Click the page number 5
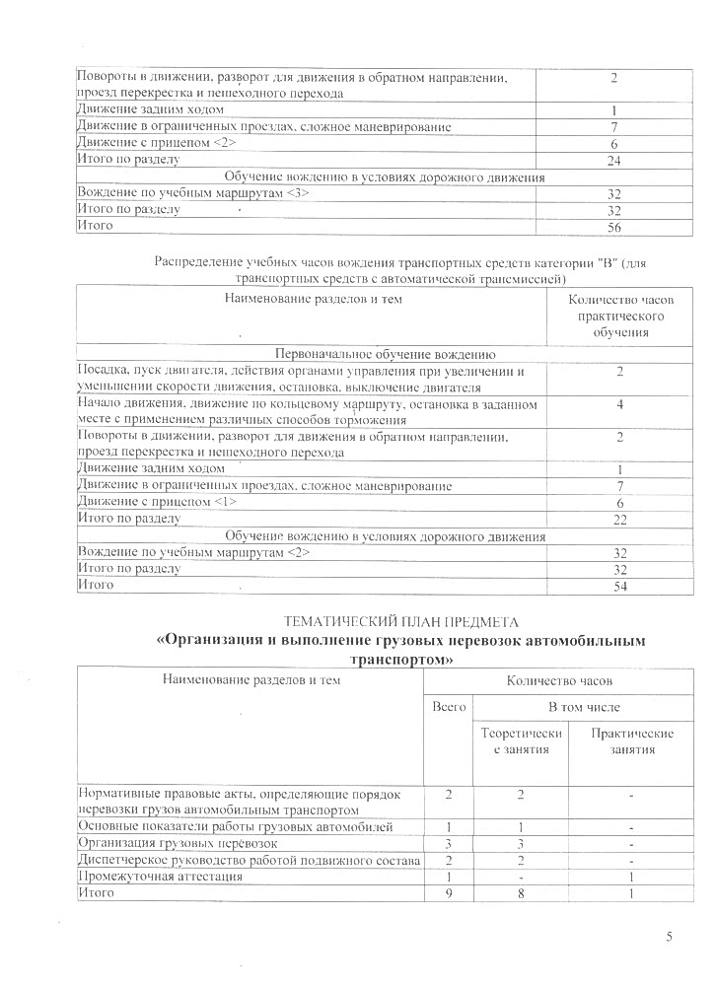[x=670, y=937]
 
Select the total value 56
[x=613, y=227]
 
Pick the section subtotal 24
[x=613, y=160]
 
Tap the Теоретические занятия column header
[x=521, y=741]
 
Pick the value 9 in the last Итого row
[x=449, y=893]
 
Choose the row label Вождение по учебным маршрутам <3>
[x=193, y=192]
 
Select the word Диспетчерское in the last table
[x=120, y=860]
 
